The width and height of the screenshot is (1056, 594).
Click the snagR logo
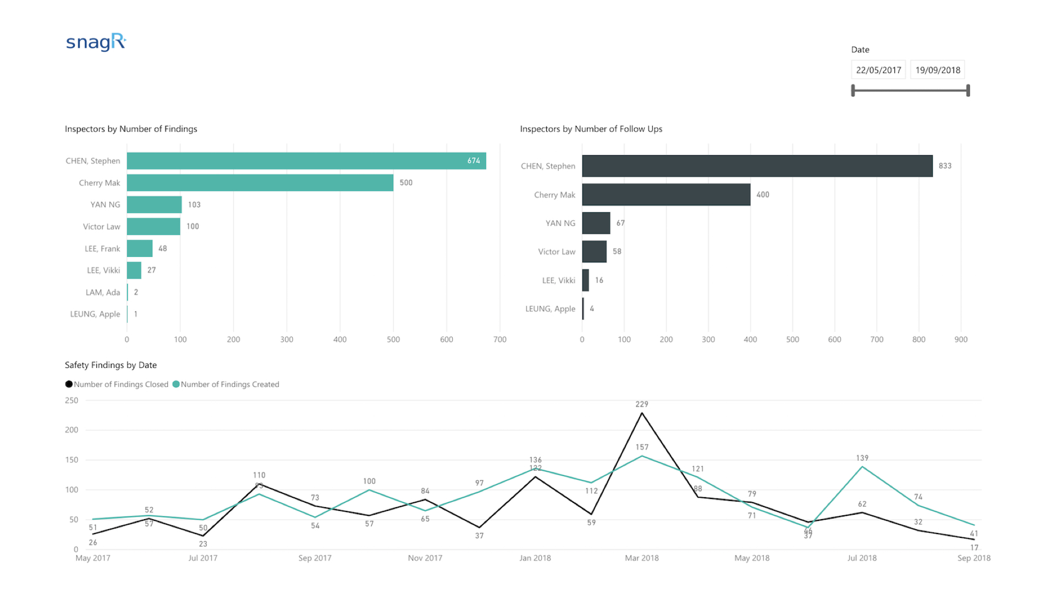(x=96, y=42)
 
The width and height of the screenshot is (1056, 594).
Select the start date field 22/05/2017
(x=878, y=70)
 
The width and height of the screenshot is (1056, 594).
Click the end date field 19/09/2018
(x=938, y=70)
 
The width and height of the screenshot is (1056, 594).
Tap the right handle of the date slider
(x=968, y=90)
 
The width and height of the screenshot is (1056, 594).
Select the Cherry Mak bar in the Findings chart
(x=260, y=183)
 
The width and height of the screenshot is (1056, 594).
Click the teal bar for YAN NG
(x=154, y=205)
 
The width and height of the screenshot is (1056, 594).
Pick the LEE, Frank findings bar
(x=140, y=249)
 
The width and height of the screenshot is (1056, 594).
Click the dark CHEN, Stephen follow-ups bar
(x=757, y=166)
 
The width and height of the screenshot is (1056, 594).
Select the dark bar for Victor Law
(x=595, y=251)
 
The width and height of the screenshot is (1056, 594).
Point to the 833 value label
(x=945, y=166)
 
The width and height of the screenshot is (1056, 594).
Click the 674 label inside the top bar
(x=474, y=161)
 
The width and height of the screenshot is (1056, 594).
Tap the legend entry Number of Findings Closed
(x=117, y=384)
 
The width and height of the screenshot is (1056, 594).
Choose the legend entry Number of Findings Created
(x=226, y=384)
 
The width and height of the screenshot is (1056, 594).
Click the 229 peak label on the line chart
(x=642, y=404)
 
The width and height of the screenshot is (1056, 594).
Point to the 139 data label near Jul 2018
(x=862, y=458)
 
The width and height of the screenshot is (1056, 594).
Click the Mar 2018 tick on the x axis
(x=642, y=558)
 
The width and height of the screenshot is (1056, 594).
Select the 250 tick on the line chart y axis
(x=71, y=400)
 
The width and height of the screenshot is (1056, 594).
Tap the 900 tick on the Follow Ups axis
(x=961, y=340)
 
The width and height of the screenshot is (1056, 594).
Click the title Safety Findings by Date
(x=111, y=365)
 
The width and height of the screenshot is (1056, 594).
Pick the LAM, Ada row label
(x=103, y=293)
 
